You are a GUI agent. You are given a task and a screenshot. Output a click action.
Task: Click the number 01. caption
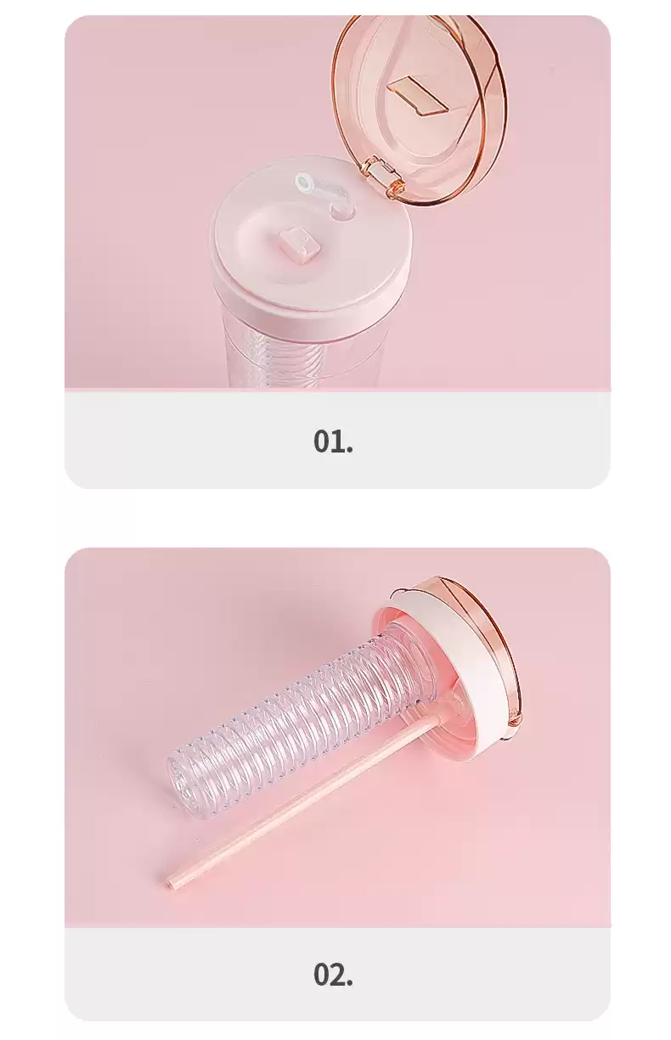333,441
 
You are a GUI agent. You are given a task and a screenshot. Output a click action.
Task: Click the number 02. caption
333,972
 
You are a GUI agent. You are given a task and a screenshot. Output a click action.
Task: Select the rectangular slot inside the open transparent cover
419,94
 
